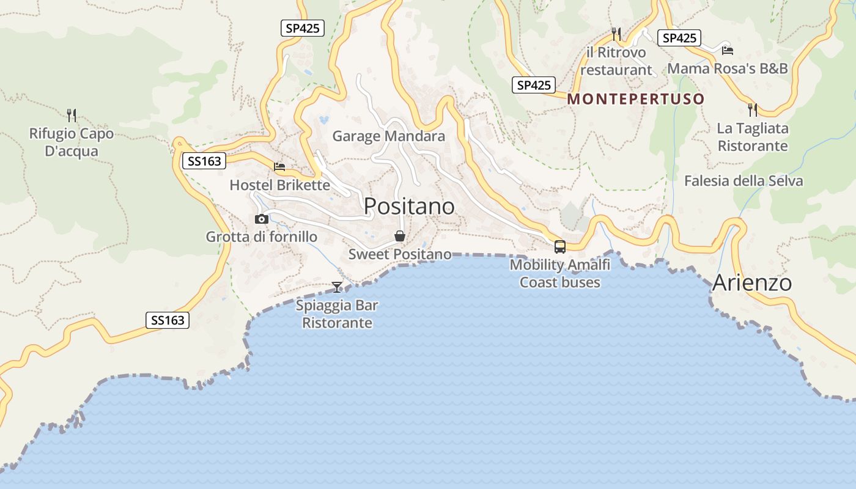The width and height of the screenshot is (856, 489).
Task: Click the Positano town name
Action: [x=409, y=207]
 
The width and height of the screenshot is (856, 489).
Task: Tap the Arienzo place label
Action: [x=752, y=283]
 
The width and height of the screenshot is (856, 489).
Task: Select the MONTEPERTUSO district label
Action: [x=636, y=99]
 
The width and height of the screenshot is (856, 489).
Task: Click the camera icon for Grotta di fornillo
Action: [x=262, y=219]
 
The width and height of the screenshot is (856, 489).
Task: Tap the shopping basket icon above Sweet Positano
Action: [x=400, y=236]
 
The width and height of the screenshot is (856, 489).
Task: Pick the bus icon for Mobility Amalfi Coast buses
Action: [x=559, y=247]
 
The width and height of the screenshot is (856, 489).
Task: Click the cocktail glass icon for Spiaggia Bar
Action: [x=337, y=287]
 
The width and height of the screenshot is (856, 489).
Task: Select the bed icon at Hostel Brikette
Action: [x=279, y=166]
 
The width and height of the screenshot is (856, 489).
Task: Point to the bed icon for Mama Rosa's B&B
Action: [x=727, y=50]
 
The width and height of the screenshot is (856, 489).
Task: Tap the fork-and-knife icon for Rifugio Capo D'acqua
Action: [x=72, y=114]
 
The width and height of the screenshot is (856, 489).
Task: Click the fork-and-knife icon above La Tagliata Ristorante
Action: [x=753, y=110]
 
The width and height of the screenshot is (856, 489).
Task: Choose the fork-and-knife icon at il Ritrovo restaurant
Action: [x=616, y=34]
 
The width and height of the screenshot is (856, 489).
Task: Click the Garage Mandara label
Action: [x=388, y=136]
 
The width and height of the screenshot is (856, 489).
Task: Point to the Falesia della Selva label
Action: [x=743, y=181]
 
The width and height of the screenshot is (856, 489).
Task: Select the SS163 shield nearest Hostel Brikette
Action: [x=204, y=161]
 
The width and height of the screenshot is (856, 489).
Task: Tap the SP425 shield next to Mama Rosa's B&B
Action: [x=679, y=38]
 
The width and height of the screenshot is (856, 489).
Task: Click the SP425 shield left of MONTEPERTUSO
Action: [x=534, y=86]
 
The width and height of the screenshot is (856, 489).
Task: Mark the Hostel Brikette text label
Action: [x=279, y=185]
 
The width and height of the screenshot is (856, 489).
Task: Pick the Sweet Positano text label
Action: [x=400, y=254]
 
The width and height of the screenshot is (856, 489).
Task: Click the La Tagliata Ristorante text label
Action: [x=753, y=138]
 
